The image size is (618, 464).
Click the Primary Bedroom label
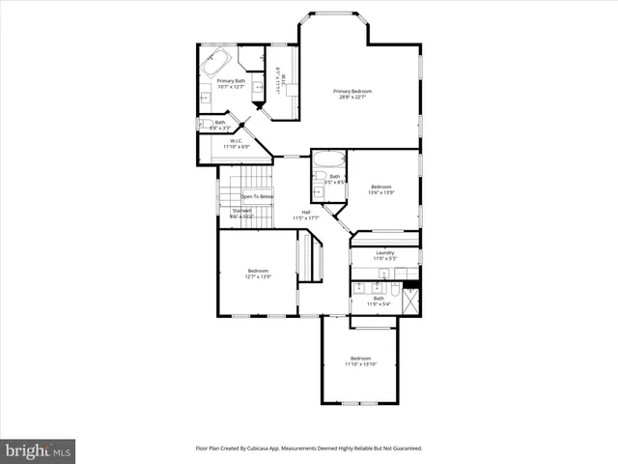pyautogui.click(x=354, y=94)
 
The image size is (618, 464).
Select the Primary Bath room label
pyautogui.click(x=231, y=83)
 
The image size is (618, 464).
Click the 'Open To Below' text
pyautogui.click(x=257, y=196)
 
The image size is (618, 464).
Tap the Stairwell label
pyautogui.click(x=241, y=212)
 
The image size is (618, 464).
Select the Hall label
pyautogui.click(x=305, y=215)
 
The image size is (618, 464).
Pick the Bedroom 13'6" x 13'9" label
pyautogui.click(x=381, y=189)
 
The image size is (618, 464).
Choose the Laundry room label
pyautogui.click(x=384, y=255)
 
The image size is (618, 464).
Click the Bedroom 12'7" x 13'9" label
pyautogui.click(x=257, y=274)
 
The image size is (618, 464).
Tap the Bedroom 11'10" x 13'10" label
pyautogui.click(x=359, y=361)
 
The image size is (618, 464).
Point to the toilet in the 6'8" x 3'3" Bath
pyautogui.click(x=206, y=125)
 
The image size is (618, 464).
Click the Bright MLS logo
pyautogui.click(x=39, y=449)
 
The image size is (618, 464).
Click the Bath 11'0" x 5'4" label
pyautogui.click(x=379, y=302)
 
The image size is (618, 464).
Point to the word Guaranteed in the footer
pyautogui.click(x=404, y=449)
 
